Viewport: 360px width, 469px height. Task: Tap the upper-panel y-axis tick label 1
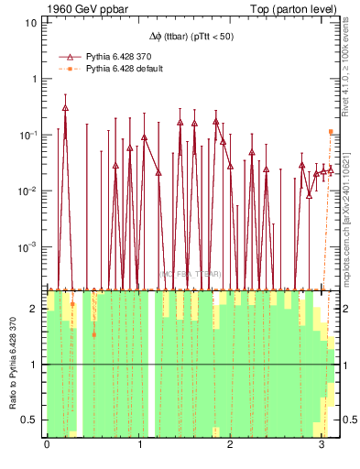34,78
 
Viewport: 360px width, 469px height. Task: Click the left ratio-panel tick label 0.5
29,420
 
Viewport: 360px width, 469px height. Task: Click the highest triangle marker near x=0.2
65,107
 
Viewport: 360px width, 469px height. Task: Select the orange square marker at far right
331,132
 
